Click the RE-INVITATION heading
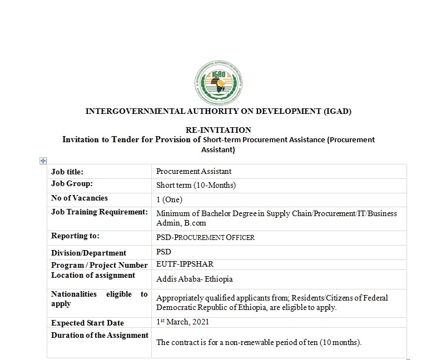click(218, 130)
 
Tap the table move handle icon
click(43, 161)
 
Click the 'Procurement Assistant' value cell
click(194, 172)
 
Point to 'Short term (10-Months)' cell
click(196, 186)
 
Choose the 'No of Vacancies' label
click(80, 198)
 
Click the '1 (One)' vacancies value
click(169, 199)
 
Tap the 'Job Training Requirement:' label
click(100, 212)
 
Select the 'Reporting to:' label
click(75, 236)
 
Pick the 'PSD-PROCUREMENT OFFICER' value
click(205, 238)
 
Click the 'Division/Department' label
click(89, 253)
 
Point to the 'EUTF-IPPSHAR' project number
click(185, 264)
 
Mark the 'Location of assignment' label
click(93, 275)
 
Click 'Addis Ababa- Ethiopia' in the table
click(194, 279)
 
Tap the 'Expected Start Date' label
click(87, 323)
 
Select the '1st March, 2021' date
click(182, 322)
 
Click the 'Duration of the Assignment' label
click(100, 335)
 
